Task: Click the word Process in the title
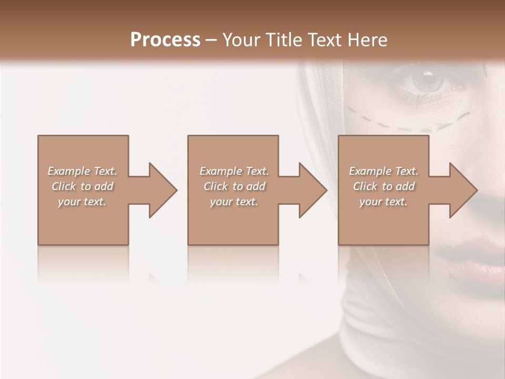165,40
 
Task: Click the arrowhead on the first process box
163,190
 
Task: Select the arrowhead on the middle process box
313,190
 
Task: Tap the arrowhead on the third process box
463,190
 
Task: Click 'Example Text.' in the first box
82,171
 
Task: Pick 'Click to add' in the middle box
234,186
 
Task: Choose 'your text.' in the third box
383,202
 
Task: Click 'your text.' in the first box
82,202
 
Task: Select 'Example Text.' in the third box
383,171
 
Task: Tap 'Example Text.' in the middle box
234,171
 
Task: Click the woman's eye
427,79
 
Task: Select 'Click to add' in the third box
383,186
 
